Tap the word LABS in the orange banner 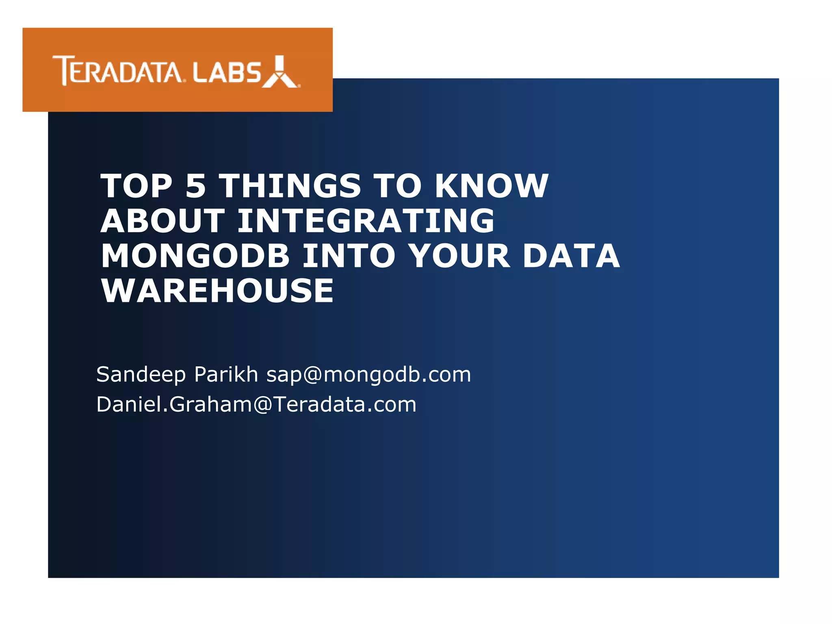click(226, 73)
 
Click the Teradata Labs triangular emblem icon click(280, 72)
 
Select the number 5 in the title click(195, 186)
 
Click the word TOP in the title click(136, 186)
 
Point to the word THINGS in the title click(290, 186)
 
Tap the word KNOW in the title click(492, 186)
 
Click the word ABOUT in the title click(162, 221)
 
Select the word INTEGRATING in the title click(366, 221)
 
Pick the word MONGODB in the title click(195, 256)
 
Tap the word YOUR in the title click(459, 256)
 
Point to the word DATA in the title click(571, 256)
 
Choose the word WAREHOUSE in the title click(217, 291)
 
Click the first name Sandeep click(141, 375)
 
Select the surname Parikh click(226, 375)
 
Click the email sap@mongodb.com click(368, 375)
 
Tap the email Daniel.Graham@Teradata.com click(256, 405)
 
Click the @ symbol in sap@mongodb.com click(312, 375)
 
